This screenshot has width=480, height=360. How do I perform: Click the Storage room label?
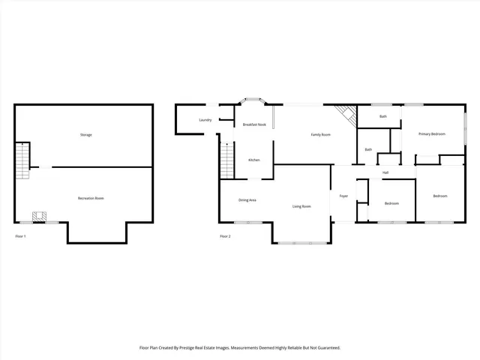coord(86,135)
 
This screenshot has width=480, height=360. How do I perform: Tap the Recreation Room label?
coord(91,198)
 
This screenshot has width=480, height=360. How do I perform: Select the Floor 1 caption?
coord(21,236)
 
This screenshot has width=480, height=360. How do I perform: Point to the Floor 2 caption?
coord(225,236)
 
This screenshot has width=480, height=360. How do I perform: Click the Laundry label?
coord(205,121)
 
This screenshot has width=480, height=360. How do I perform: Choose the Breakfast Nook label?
coord(255,124)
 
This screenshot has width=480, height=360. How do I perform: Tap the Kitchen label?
coord(254,160)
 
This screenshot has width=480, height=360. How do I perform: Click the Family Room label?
coord(322,135)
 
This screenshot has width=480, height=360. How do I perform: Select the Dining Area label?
coord(247,200)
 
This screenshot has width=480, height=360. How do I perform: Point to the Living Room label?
coord(301,206)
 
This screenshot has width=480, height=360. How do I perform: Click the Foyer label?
coord(343,196)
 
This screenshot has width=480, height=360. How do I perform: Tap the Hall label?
coord(385,173)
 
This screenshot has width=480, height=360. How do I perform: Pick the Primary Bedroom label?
coord(432,134)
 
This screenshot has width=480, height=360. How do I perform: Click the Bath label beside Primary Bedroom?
coord(383,117)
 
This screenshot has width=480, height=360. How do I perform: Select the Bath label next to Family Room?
coord(368,150)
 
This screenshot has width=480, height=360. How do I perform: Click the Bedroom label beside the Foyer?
coord(391,203)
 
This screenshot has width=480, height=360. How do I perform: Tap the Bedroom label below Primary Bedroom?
coord(439,196)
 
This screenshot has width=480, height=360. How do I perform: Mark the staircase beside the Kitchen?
coord(227,160)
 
